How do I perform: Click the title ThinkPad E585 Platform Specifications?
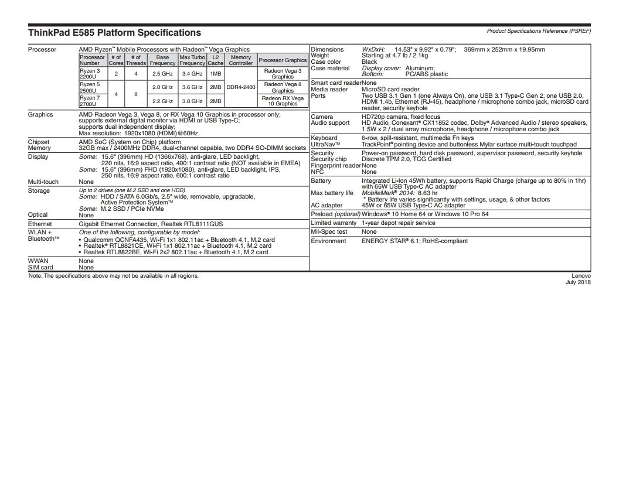pyautogui.click(x=114, y=33)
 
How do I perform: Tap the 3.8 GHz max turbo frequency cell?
pyautogui.click(x=192, y=101)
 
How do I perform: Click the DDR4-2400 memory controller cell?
pyautogui.click(x=241, y=87)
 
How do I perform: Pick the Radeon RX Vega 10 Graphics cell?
pyautogui.click(x=283, y=101)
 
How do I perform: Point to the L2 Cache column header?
pyautogui.click(x=215, y=60)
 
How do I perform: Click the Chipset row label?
pyautogui.click(x=39, y=142)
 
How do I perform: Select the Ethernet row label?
pyautogui.click(x=40, y=224)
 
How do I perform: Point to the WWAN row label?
pyautogui.click(x=38, y=261)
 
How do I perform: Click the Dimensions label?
pyautogui.click(x=327, y=50)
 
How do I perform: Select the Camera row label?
pyautogui.click(x=322, y=117)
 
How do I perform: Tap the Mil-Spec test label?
pyautogui.click(x=329, y=232)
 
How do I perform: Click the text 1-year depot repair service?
pyautogui.click(x=398, y=223)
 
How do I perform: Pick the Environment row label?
pyautogui.click(x=328, y=241)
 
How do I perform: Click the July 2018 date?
pyautogui.click(x=578, y=282)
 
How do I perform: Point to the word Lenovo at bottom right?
pyautogui.click(x=581, y=275)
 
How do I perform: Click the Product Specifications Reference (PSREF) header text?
pyautogui.click(x=538, y=30)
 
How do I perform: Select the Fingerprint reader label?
pyautogui.click(x=335, y=166)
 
